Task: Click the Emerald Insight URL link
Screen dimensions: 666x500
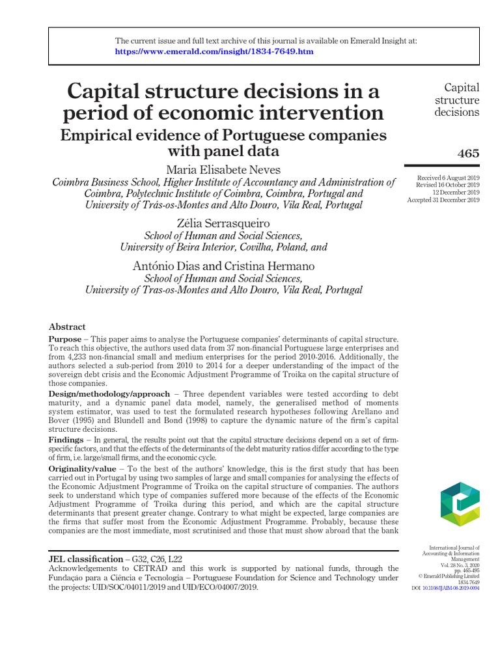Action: click(214, 51)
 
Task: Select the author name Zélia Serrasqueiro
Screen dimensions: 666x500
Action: click(223, 224)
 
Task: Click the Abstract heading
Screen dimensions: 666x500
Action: click(67, 326)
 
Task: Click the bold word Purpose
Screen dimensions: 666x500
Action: click(66, 340)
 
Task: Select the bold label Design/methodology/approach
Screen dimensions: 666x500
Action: click(109, 394)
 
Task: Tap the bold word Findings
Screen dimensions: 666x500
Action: click(66, 440)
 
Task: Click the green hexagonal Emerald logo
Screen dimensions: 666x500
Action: click(460, 505)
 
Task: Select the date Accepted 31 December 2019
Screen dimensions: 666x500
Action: click(443, 200)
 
